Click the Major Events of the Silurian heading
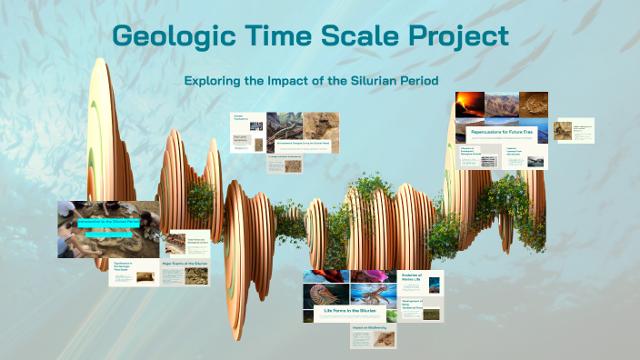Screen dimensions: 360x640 (x=185, y=265)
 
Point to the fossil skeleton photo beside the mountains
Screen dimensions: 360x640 (x=532, y=104)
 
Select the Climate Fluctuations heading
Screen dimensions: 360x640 (x=240, y=117)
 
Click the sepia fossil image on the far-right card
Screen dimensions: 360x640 (x=564, y=131)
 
